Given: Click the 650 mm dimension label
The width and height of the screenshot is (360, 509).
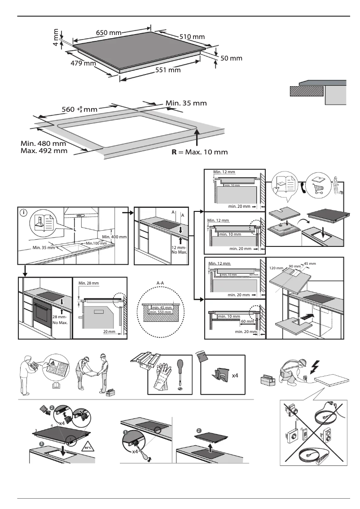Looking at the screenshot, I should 109,32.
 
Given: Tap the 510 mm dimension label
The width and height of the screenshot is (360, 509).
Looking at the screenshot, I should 192,36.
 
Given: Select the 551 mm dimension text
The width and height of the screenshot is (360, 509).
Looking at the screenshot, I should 168,70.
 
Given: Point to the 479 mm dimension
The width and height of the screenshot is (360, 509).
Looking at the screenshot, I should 83,63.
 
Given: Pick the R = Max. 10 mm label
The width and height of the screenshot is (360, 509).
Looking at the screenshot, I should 200,152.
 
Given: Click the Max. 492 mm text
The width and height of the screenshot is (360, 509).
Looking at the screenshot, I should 44,151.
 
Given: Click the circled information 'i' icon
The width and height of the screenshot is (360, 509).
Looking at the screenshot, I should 23,213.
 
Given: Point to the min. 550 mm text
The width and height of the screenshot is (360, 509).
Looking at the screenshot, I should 162,312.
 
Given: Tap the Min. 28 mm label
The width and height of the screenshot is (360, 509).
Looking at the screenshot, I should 88,283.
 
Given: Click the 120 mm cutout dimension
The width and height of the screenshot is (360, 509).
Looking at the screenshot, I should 275,268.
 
